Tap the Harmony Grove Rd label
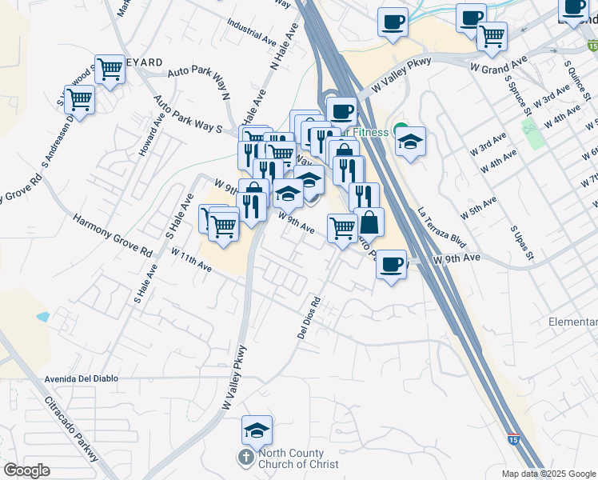112,234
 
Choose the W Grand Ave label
499,64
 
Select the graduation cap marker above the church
257,431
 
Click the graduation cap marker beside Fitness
411,142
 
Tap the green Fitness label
370,132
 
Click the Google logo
27,470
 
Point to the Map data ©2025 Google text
548,474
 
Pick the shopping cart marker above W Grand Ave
492,35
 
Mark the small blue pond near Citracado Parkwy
42,317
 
